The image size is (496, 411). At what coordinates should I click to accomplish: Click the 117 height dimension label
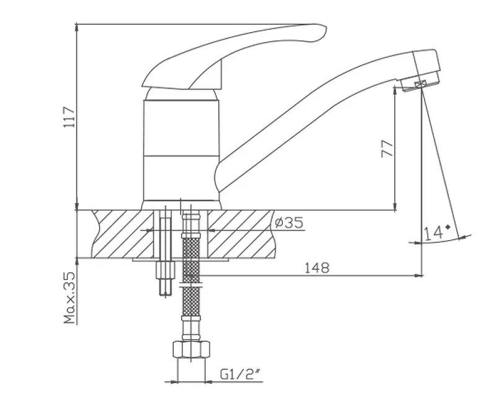coord(69,117)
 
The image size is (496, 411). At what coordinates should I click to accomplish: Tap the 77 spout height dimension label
coord(387,149)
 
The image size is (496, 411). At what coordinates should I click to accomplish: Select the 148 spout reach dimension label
coord(317,268)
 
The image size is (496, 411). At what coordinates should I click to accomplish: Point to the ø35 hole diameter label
coord(289,222)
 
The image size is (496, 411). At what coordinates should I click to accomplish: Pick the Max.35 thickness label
coord(69,298)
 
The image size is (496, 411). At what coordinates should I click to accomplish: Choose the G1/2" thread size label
coord(240,374)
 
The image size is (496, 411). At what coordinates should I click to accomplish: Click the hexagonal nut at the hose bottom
coord(192,349)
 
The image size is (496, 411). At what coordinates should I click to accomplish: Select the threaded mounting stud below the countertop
coord(166,253)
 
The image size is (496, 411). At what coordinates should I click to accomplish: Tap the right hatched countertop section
coord(241,234)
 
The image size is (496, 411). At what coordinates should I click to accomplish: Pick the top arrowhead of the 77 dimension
coord(395,89)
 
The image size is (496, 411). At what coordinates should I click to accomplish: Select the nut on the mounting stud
coord(166,270)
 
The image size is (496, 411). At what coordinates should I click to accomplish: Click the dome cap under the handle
coord(182,94)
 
